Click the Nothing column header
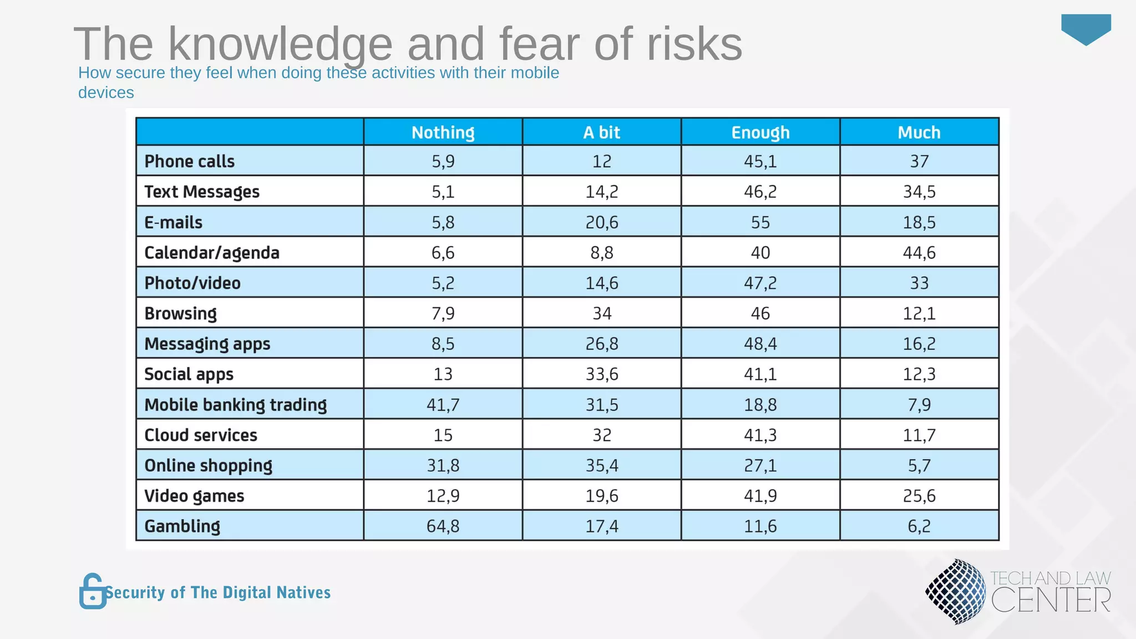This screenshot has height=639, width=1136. pyautogui.click(x=443, y=133)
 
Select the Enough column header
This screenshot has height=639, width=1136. pyautogui.click(x=760, y=133)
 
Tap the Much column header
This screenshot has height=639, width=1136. pyautogui.click(x=919, y=133)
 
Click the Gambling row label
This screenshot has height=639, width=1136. pyautogui.click(x=182, y=526)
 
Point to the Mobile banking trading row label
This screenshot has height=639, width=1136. pyautogui.click(x=235, y=404)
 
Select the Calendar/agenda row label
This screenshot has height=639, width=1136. pyautogui.click(x=211, y=253)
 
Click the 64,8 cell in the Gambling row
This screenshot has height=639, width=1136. pyautogui.click(x=443, y=526)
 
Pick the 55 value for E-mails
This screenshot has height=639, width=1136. pyautogui.click(x=760, y=222)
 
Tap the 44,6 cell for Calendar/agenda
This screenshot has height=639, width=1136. pyautogui.click(x=919, y=253)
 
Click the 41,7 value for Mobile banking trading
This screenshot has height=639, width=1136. pyautogui.click(x=443, y=404)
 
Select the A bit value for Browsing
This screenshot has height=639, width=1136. pyautogui.click(x=602, y=313)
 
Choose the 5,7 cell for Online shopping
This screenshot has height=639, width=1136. pyautogui.click(x=919, y=465)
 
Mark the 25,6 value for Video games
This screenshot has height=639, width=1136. pyautogui.click(x=919, y=495)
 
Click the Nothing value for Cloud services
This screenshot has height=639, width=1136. pyautogui.click(x=443, y=435)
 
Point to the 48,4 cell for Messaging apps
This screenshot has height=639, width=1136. pyautogui.click(x=760, y=344)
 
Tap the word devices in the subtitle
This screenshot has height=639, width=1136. pyautogui.click(x=106, y=93)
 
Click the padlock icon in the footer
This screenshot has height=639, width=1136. pyautogui.click(x=92, y=591)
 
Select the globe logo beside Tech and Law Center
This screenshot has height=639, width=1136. pyautogui.click(x=955, y=591)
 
